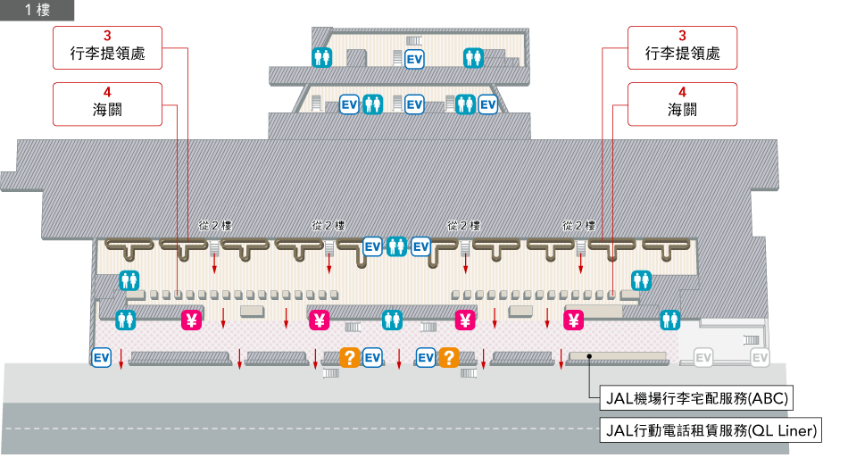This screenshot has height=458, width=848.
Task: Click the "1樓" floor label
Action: [x=37, y=11]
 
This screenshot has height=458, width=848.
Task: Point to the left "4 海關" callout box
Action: [x=107, y=104]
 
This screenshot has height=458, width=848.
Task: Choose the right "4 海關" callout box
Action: [x=682, y=104]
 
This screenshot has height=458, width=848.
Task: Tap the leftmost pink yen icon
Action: [x=192, y=320]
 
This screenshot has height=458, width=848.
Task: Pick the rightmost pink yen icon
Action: [x=574, y=320]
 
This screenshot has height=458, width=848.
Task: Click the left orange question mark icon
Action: [x=350, y=358]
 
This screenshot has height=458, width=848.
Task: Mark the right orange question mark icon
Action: [x=448, y=358]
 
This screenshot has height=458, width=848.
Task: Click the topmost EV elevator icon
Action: [x=414, y=59]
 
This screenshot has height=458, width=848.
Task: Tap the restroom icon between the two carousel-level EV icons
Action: [x=396, y=246]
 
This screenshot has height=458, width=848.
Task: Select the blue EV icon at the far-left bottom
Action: [x=101, y=358]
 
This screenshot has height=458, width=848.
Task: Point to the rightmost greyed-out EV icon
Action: [x=760, y=358]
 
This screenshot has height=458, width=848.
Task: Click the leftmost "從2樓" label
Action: [x=215, y=226]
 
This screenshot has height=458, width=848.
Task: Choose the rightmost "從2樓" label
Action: [x=578, y=226]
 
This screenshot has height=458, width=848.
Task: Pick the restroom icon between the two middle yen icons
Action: [x=392, y=320]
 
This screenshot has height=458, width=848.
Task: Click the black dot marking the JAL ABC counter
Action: [x=589, y=356]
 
